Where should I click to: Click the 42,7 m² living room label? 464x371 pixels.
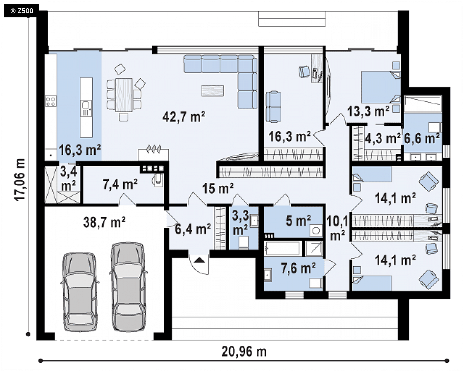(x=184, y=117)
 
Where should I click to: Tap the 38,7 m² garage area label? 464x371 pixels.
(x=104, y=222)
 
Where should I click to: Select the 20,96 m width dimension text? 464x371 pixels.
(x=244, y=352)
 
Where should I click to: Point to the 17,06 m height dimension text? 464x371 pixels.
(x=20, y=180)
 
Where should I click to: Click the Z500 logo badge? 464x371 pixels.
(x=22, y=11)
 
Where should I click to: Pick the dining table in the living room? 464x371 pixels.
(x=124, y=95)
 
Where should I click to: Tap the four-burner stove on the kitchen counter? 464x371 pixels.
(x=50, y=102)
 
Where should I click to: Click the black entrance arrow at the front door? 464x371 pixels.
(x=200, y=260)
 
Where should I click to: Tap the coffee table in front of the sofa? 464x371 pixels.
(x=213, y=91)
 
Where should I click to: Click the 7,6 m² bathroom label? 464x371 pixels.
(x=298, y=268)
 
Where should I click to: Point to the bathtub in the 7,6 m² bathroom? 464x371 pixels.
(x=282, y=248)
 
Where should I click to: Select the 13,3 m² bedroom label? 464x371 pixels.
(x=368, y=111)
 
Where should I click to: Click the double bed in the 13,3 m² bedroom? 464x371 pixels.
(x=380, y=87)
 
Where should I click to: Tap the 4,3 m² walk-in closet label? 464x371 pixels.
(x=383, y=139)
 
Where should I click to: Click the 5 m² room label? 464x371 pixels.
(x=298, y=221)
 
